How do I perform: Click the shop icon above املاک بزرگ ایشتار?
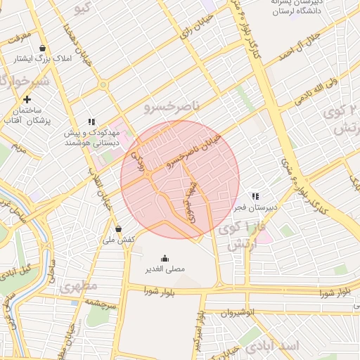(43, 48)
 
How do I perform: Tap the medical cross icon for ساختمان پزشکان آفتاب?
(27, 100)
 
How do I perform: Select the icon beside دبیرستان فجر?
(255, 196)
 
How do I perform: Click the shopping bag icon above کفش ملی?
(117, 229)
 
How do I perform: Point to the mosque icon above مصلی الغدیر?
(165, 258)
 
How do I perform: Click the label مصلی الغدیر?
(165, 269)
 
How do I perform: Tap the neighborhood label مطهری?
(77, 287)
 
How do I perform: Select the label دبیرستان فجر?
(256, 208)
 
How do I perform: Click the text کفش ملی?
(119, 240)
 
